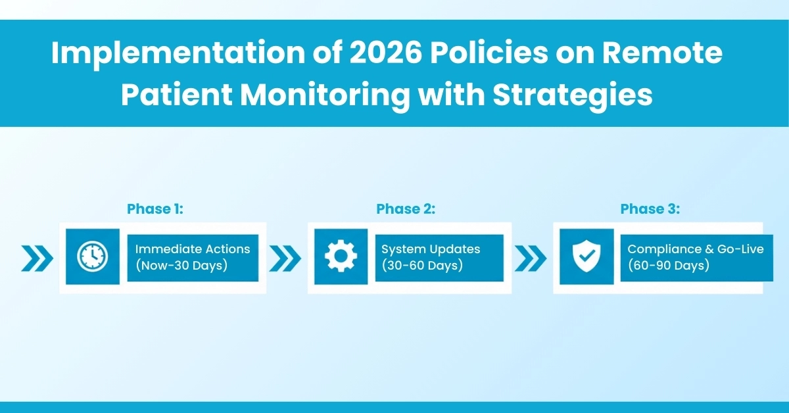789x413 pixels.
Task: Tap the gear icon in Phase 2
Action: click(x=340, y=256)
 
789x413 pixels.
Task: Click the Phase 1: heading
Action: click(x=155, y=209)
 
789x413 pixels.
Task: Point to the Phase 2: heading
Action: click(x=406, y=209)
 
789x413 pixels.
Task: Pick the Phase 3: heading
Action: click(x=650, y=209)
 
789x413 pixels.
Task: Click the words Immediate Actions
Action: click(x=193, y=249)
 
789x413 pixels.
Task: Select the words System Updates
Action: click(x=431, y=249)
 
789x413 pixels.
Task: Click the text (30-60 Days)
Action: click(x=421, y=265)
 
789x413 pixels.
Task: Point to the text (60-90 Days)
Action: click(x=668, y=265)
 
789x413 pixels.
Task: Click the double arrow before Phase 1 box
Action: click(x=36, y=258)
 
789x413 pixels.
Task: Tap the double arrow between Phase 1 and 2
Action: click(x=285, y=258)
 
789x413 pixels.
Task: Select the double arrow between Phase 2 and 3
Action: click(x=531, y=258)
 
